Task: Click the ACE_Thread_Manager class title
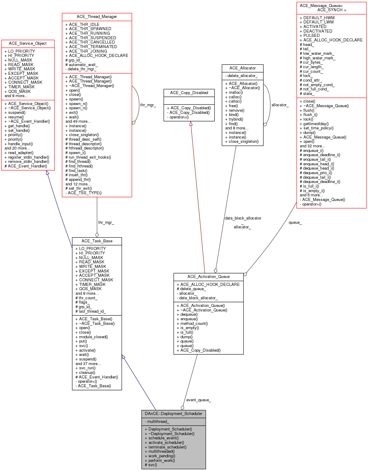(97, 17)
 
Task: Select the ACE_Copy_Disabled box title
(189, 93)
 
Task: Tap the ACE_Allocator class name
(243, 68)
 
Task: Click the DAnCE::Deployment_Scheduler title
(173, 414)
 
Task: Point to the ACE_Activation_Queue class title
(209, 277)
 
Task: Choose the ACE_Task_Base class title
(97, 241)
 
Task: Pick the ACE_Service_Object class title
(28, 44)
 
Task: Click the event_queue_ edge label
(198, 400)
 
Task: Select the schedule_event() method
(163, 438)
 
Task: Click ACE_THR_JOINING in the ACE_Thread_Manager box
(88, 51)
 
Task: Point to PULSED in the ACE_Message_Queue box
(311, 36)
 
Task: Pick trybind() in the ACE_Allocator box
(236, 119)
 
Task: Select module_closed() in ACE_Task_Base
(93, 337)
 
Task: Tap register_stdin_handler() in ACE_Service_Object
(29, 157)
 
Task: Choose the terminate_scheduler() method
(167, 447)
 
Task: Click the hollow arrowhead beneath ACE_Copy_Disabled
(191, 123)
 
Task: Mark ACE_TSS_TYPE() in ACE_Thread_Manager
(85, 193)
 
